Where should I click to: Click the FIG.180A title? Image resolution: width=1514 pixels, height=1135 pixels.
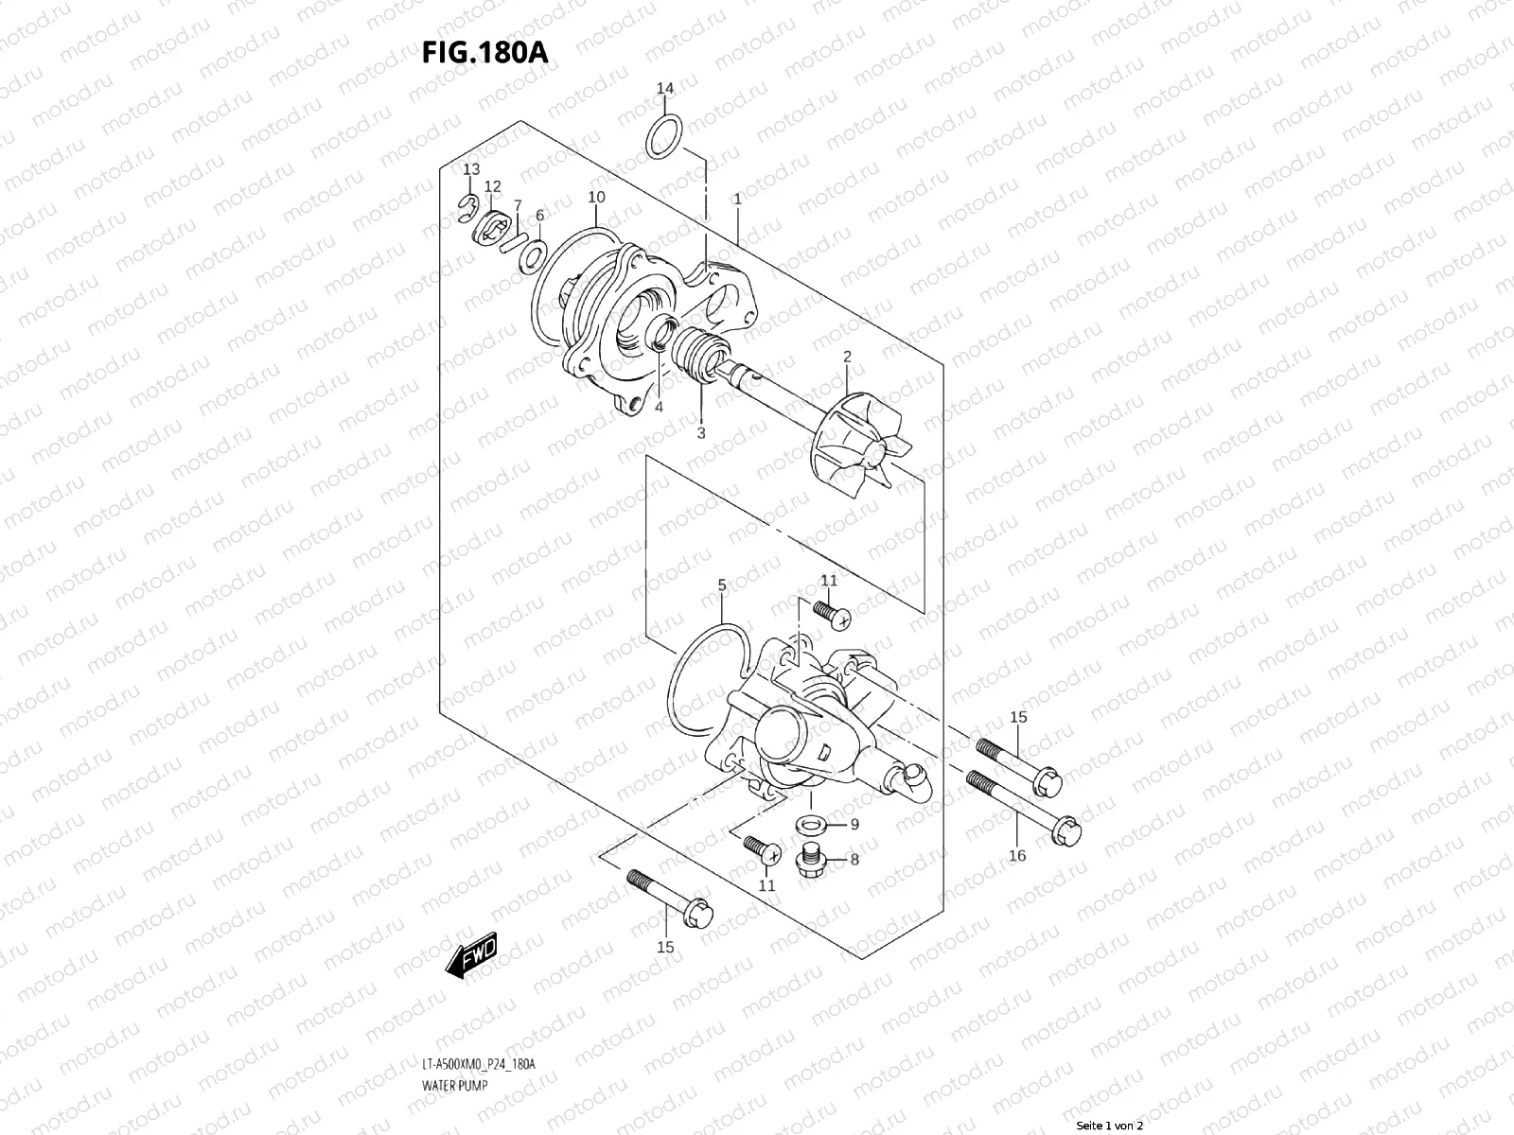tap(484, 51)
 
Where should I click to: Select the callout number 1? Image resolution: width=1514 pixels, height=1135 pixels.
tap(736, 200)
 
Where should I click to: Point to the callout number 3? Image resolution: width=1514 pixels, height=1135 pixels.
tap(701, 434)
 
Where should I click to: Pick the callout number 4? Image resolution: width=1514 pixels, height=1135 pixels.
tap(658, 408)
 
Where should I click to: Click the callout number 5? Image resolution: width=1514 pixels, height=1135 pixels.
tap(722, 585)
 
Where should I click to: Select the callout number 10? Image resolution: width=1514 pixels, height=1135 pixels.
tap(596, 198)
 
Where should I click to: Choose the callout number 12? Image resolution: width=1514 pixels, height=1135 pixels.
tap(492, 186)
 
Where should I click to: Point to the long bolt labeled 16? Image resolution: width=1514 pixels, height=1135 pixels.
tap(1023, 809)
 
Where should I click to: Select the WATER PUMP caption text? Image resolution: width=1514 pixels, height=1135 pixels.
tap(454, 1086)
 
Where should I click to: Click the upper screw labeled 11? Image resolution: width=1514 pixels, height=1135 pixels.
tap(831, 612)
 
